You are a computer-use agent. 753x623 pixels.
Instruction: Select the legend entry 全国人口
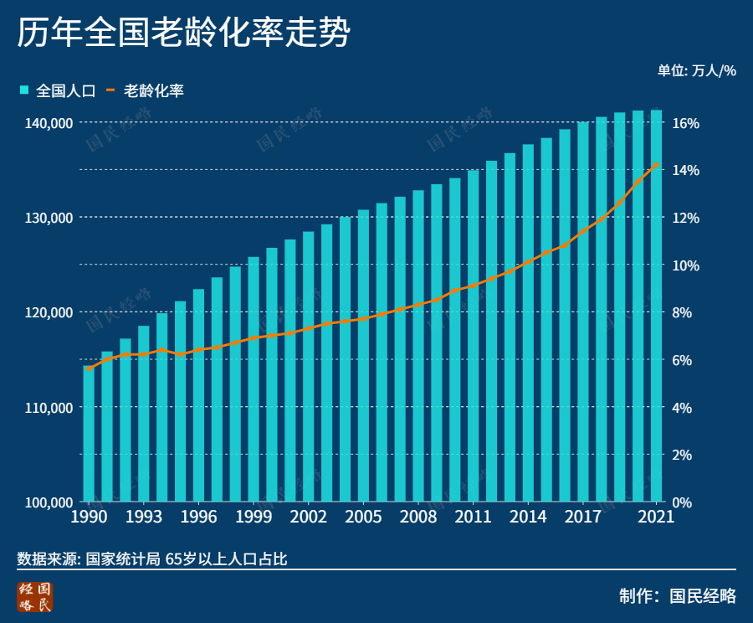(x=59, y=90)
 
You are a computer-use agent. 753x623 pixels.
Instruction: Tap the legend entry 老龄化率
(x=146, y=90)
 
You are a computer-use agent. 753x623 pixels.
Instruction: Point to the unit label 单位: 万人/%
(x=696, y=70)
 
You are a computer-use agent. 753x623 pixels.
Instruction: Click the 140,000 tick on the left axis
(x=49, y=123)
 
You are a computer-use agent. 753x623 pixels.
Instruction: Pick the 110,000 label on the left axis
(x=49, y=408)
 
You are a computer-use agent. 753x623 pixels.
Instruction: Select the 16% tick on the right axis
(x=685, y=123)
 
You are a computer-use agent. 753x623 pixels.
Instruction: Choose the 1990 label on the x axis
(x=88, y=517)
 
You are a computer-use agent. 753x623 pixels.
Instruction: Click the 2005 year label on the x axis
(x=363, y=517)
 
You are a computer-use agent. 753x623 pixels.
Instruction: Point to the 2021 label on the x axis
(x=656, y=517)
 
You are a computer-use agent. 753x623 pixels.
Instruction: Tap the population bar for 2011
(x=474, y=336)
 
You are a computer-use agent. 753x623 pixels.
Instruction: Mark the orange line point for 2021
(x=657, y=165)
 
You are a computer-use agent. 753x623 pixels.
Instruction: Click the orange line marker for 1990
(x=89, y=368)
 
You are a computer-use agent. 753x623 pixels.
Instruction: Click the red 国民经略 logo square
(x=34, y=595)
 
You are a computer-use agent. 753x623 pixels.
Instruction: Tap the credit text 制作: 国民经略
(x=678, y=596)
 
